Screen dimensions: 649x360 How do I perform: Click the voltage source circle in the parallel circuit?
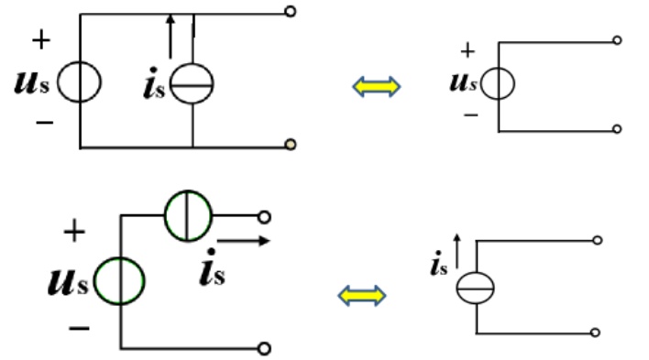tap(58, 82)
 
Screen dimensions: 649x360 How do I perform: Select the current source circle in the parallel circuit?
tap(170, 83)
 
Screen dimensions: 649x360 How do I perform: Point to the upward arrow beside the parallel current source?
tap(170, 37)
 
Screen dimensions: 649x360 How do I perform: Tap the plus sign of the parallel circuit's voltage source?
tap(41, 39)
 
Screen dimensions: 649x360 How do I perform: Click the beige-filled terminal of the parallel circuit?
tap(291, 145)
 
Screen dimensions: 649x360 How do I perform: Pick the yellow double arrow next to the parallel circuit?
tap(376, 87)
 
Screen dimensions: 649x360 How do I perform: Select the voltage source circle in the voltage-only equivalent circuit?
tap(482, 83)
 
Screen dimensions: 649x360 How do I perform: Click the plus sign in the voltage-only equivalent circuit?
tap(467, 50)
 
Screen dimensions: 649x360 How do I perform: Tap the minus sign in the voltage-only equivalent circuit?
tap(471, 115)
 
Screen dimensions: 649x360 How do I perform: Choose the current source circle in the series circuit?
tap(165, 215)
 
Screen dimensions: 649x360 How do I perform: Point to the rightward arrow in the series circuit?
tap(244, 240)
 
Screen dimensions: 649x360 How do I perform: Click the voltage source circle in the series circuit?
tap(94, 281)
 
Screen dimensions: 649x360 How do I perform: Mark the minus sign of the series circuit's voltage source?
tap(79, 329)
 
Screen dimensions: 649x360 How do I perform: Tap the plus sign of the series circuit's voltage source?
tap(74, 231)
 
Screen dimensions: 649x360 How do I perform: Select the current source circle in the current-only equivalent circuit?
tap(457, 288)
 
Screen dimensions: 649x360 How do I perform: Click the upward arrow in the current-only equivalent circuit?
tap(456, 251)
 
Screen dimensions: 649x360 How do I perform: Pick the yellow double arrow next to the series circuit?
tap(362, 296)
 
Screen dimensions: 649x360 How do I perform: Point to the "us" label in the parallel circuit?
tap(32, 82)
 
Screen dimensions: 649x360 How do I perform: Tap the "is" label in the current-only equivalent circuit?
tap(439, 264)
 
